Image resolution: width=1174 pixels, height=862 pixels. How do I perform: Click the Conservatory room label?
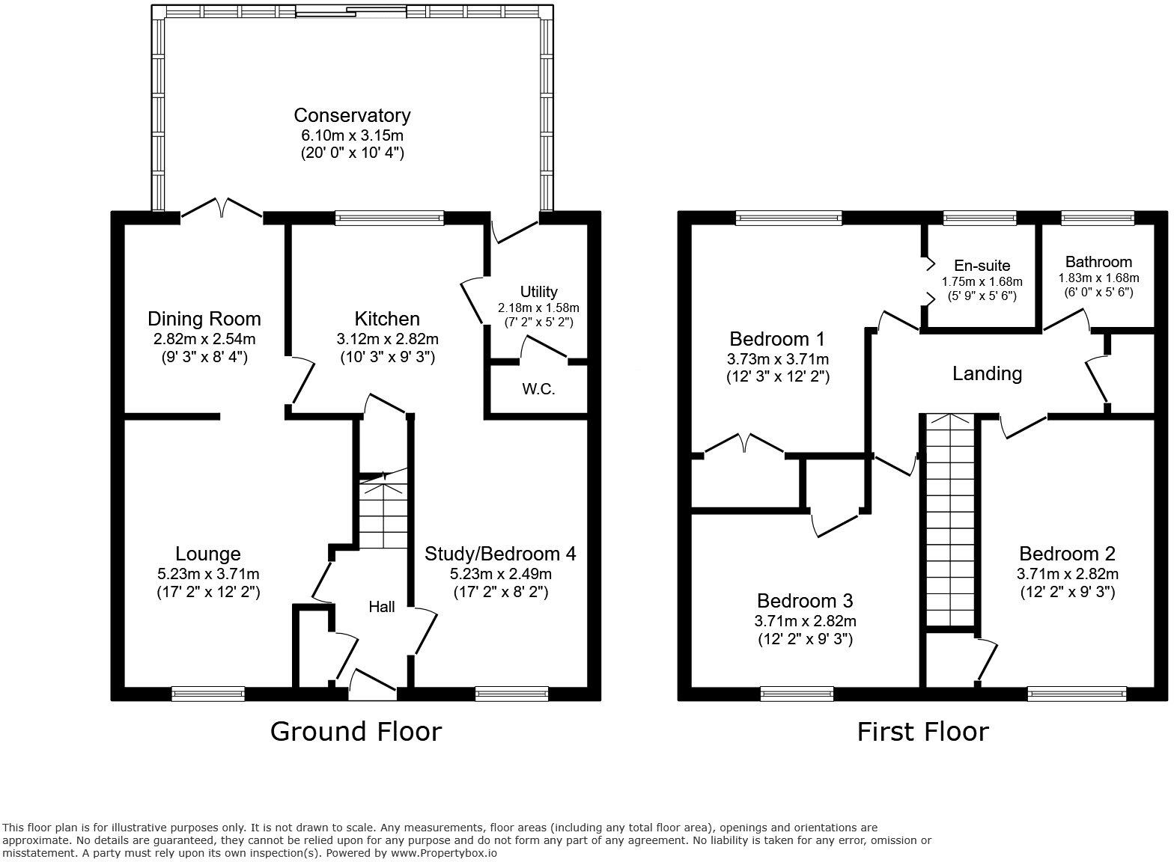pos(352,115)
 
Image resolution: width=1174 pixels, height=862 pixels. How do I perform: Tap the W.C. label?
pos(538,389)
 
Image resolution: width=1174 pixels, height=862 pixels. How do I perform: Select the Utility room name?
pos(538,292)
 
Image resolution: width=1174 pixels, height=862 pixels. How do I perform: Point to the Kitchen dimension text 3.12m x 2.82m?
pos(387,339)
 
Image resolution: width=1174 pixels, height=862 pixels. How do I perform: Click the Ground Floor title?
pos(356,731)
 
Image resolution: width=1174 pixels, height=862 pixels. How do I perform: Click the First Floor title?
pos(922,731)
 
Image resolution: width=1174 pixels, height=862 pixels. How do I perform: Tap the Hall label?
pos(382,607)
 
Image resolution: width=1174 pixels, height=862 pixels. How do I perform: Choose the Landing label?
pos(987,373)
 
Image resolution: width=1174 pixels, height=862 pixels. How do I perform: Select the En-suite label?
pos(982,266)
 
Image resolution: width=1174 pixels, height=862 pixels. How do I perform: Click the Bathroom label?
pos(1098,262)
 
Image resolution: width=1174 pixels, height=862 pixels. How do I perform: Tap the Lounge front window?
pos(208,694)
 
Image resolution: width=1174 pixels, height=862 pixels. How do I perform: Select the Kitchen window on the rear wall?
pos(389,218)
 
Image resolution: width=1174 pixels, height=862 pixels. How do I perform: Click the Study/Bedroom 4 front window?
pos(512,694)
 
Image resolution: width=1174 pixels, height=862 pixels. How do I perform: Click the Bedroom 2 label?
pos(1067,554)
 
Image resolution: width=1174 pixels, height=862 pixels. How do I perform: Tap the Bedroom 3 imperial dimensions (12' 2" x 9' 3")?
pos(805,639)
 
